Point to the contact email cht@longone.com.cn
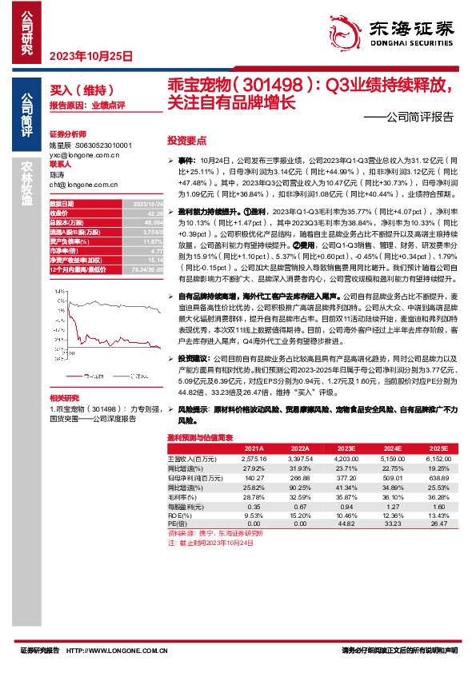click(x=83, y=184)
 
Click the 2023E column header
click(x=346, y=449)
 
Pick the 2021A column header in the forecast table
click(x=255, y=449)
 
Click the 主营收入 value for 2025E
click(x=434, y=459)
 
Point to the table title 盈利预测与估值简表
click(x=199, y=438)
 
